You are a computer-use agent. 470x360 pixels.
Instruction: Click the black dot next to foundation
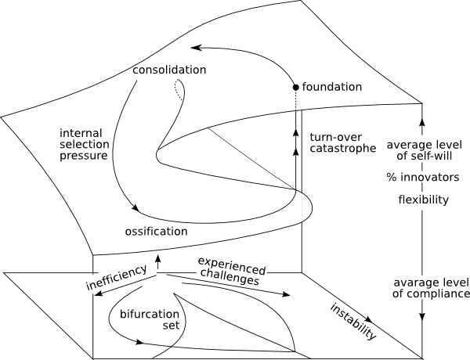pyautogui.click(x=295, y=86)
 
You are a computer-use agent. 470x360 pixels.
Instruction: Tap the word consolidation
pyautogui.click(x=170, y=70)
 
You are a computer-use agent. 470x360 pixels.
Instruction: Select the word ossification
pyautogui.click(x=156, y=231)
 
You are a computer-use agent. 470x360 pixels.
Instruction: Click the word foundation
pyautogui.click(x=332, y=86)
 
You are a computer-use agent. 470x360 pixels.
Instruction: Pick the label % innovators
pyautogui.click(x=422, y=178)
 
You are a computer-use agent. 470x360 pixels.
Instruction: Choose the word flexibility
pyautogui.click(x=422, y=200)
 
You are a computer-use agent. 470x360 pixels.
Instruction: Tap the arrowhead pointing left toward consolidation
pyautogui.click(x=195, y=47)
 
